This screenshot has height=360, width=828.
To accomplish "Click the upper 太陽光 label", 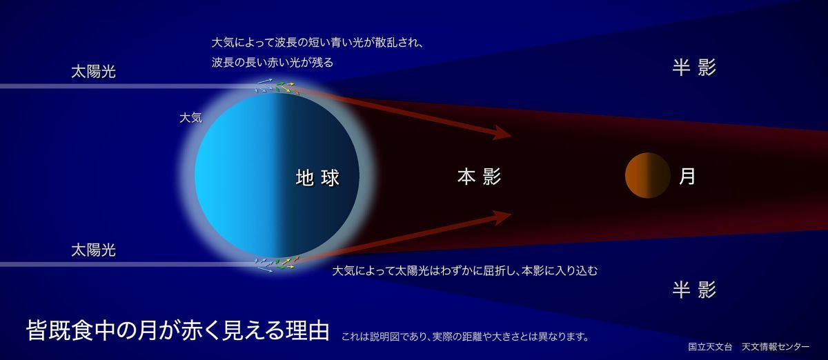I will tap(93, 72).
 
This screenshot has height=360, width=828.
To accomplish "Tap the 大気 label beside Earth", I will tap(190, 118).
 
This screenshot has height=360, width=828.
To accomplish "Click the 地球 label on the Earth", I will tap(317, 178).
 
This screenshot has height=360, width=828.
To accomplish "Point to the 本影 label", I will tap(479, 177).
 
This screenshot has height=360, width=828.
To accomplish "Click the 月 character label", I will tap(687, 177).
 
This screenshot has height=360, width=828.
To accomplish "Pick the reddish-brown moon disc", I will tap(647, 176).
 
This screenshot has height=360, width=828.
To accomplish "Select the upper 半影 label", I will tap(694, 68).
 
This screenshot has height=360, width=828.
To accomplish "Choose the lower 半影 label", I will tap(694, 290).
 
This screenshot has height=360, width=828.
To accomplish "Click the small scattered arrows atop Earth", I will tap(277, 87).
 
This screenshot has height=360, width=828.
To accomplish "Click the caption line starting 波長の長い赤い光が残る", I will tap(273, 62).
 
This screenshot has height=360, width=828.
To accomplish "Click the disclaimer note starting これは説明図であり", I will tap(465, 337).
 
